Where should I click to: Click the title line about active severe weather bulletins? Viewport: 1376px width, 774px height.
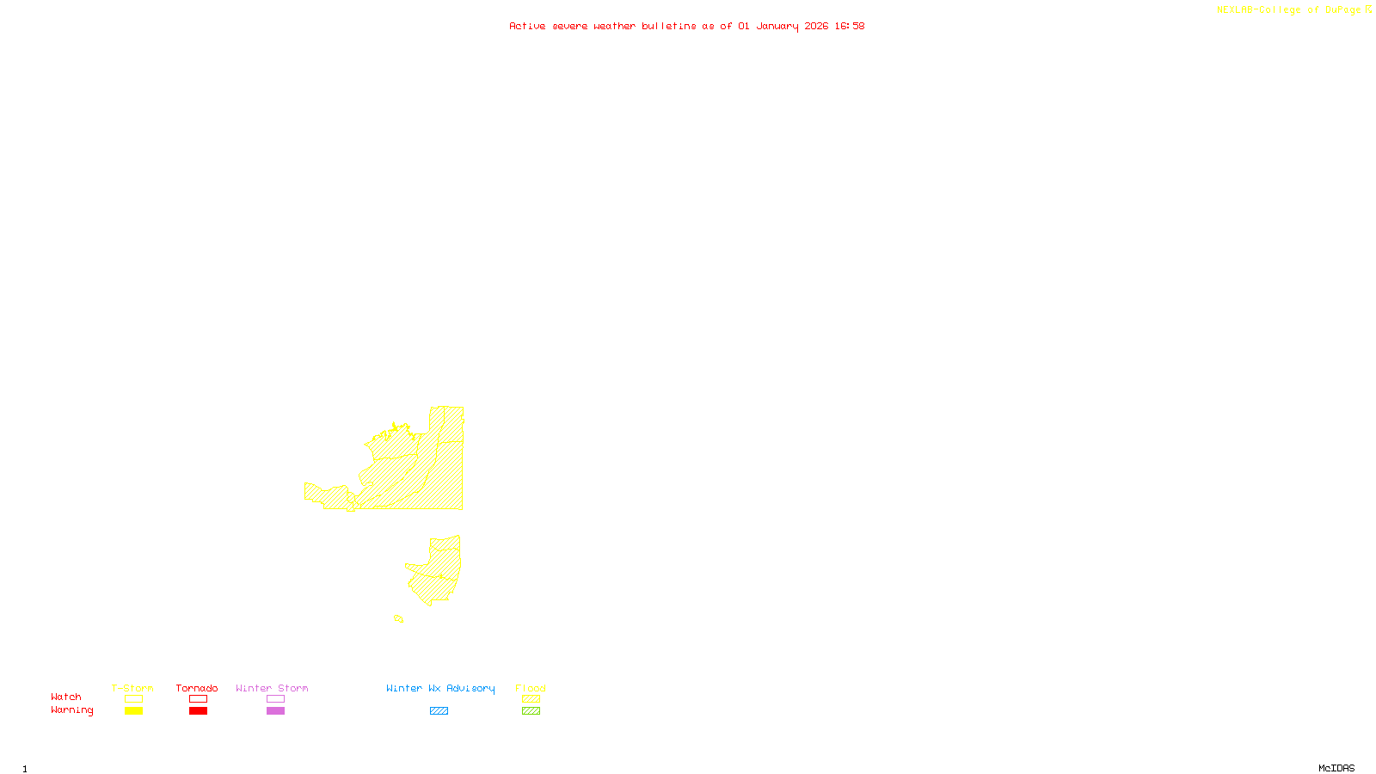point(687,26)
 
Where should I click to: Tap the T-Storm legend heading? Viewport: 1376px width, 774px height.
point(132,688)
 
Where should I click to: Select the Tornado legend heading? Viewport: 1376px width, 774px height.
point(197,688)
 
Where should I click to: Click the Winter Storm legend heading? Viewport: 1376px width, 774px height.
point(272,688)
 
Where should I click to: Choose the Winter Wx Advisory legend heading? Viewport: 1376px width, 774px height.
point(440,688)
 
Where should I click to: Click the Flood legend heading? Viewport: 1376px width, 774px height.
point(531,688)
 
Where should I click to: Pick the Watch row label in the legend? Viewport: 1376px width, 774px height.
point(66,697)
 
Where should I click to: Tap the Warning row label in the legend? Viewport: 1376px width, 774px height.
point(72,710)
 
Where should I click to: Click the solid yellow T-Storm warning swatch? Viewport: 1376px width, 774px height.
point(133,711)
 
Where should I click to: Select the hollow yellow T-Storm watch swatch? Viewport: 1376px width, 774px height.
point(133,699)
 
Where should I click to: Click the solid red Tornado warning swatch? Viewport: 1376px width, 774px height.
point(199,711)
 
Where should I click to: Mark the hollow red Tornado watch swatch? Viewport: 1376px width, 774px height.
point(199,699)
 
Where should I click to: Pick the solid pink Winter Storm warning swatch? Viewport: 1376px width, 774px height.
point(275,711)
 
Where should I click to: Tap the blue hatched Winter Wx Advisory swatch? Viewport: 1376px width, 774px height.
point(439,711)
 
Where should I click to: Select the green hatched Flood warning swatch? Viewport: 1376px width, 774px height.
point(531,711)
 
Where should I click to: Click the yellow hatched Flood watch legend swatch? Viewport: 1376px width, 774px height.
point(531,699)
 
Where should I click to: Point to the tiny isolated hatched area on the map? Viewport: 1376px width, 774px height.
point(398,618)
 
